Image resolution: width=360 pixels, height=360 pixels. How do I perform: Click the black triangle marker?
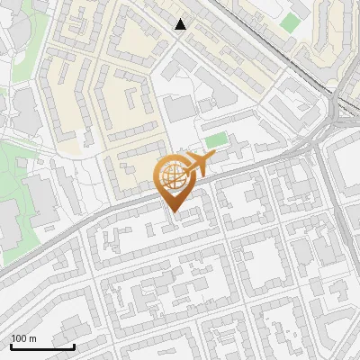[x=181, y=24]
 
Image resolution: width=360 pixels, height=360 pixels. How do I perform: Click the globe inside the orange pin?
[x=171, y=176]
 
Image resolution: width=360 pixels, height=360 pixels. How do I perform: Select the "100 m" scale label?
[x=23, y=338]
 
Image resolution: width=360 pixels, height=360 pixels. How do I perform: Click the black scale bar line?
[x=42, y=346]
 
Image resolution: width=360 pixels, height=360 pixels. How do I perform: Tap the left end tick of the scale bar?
[x=11, y=344]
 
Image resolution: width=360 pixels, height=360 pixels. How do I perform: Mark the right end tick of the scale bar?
[x=74, y=344]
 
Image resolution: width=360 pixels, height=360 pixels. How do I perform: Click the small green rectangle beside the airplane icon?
[x=215, y=140]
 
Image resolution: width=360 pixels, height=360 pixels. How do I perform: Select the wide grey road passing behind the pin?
[x=99, y=216]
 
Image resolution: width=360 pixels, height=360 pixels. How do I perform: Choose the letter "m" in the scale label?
[x=32, y=338]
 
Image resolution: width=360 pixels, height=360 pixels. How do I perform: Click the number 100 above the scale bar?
[x=19, y=338]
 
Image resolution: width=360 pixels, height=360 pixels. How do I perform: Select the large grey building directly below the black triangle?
[x=179, y=109]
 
